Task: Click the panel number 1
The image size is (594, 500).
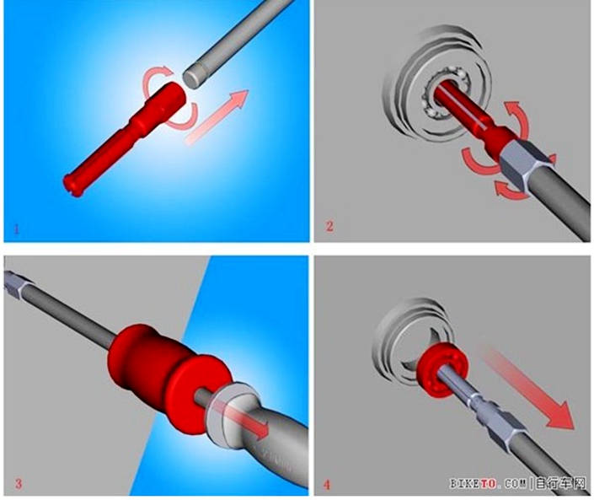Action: [x=16, y=229]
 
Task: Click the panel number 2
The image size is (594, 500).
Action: [x=329, y=226]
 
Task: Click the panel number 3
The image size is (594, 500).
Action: [x=19, y=484]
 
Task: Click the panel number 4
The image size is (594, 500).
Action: [x=327, y=485]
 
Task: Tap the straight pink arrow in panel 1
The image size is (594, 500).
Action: [x=217, y=116]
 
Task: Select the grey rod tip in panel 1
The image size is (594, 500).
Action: [x=192, y=78]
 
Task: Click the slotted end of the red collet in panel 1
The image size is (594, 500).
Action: [x=72, y=185]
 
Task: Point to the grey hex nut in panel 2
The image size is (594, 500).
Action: [x=524, y=162]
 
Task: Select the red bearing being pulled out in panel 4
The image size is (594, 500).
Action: [x=442, y=369]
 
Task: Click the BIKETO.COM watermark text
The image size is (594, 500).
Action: [x=488, y=483]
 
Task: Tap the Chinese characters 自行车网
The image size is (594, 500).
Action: [x=561, y=483]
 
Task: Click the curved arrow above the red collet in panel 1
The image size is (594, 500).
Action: [x=155, y=77]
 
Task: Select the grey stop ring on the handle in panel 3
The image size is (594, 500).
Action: [x=227, y=413]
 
